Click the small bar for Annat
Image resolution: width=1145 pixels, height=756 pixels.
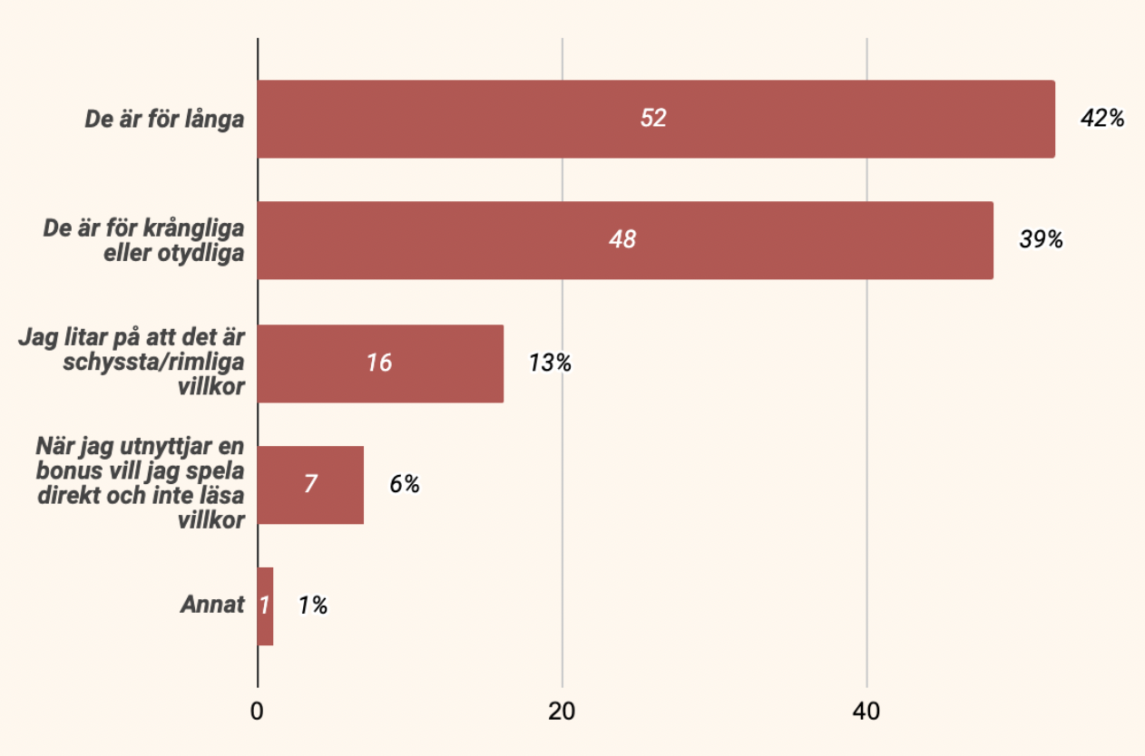[265, 606]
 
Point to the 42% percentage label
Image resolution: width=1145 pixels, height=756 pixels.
[1102, 119]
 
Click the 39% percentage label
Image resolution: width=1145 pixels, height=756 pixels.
[1041, 240]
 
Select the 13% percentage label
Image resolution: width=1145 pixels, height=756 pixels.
[550, 363]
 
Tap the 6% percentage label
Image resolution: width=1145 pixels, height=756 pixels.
[405, 484]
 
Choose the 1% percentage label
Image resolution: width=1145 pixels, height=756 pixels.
[313, 606]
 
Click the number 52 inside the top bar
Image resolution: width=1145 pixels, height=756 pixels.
[653, 119]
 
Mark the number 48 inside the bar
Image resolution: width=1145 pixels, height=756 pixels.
[622, 240]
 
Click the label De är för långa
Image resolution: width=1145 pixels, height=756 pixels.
[164, 119]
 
